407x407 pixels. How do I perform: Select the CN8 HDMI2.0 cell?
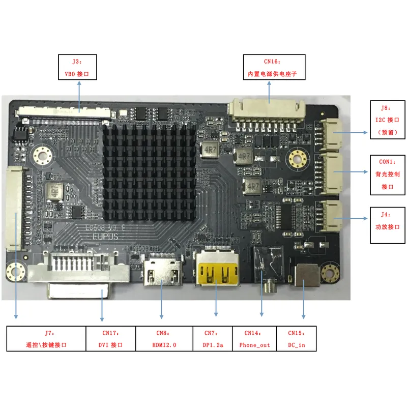tap(164, 339)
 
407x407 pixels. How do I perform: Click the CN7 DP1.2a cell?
tap(213, 339)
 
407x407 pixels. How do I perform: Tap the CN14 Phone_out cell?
tap(254, 339)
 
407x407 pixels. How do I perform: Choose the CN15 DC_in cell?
tap(296, 339)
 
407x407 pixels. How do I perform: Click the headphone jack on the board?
tap(267, 267)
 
